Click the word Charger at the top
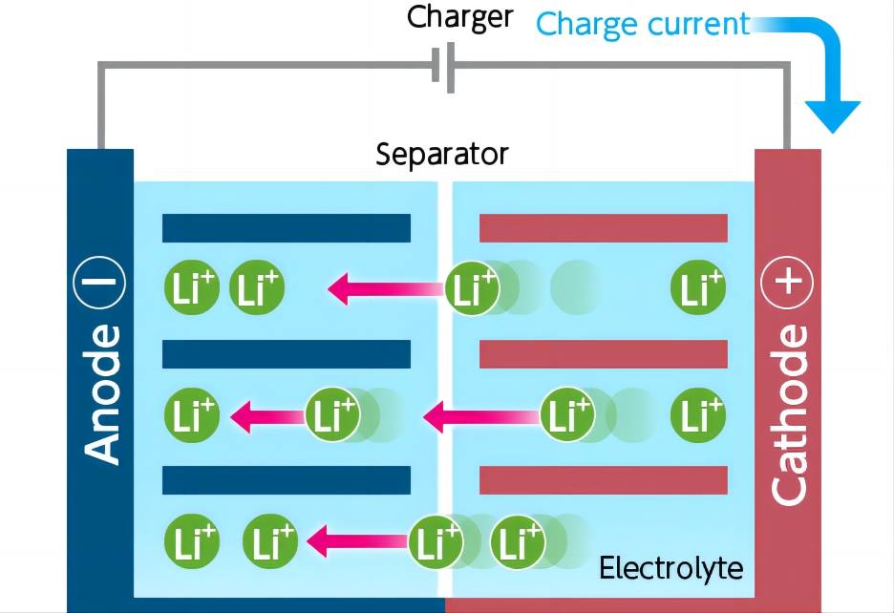click(459, 17)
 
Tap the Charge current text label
click(643, 23)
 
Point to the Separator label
click(441, 154)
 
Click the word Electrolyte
click(670, 568)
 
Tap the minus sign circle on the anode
click(99, 283)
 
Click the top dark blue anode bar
click(286, 228)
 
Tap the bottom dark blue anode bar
click(286, 480)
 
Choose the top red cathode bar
click(603, 228)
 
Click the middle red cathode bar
click(603, 354)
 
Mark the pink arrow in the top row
click(387, 286)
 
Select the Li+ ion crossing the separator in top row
click(473, 287)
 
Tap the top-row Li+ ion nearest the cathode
click(698, 287)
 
